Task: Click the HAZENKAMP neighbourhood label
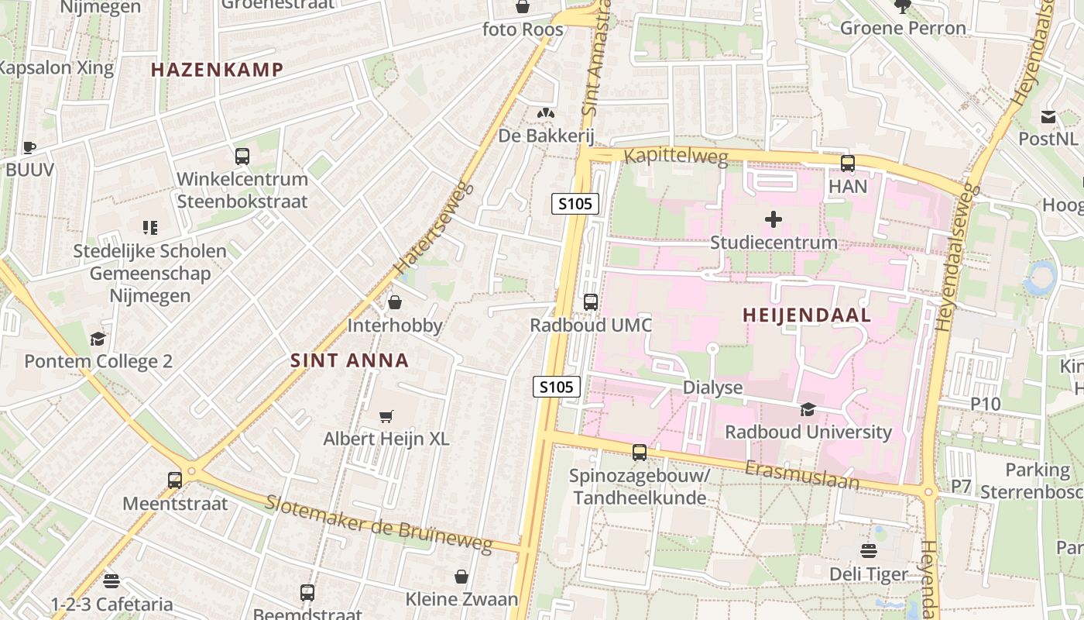point(217,70)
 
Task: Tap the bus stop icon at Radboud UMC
point(591,302)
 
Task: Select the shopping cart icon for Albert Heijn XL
point(386,416)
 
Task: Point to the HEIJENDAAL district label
point(807,315)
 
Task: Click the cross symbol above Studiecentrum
point(773,219)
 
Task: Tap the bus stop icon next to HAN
point(848,164)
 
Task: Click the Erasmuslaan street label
point(802,474)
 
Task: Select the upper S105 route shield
point(575,204)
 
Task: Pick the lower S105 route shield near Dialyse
point(557,386)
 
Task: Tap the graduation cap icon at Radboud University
point(808,409)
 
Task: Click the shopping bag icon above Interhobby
point(395,302)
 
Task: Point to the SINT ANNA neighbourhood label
point(349,360)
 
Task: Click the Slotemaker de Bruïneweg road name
point(379,524)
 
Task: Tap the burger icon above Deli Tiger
point(868,551)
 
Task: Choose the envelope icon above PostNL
point(1048,117)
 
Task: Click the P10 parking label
point(986,404)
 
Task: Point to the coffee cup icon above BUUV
point(29,147)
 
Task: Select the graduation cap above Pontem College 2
point(98,339)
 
